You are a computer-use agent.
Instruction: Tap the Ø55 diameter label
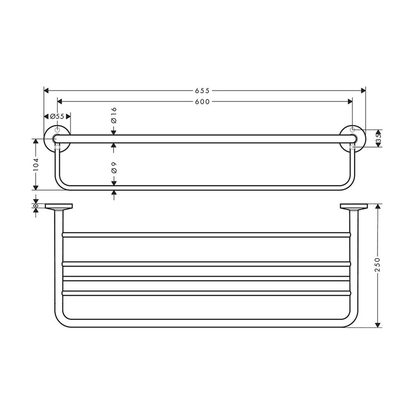57,116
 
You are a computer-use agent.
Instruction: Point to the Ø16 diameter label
113,114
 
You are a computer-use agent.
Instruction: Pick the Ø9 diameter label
113,168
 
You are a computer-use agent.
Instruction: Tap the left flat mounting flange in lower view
59,207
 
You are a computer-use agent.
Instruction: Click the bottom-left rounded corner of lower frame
61,321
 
